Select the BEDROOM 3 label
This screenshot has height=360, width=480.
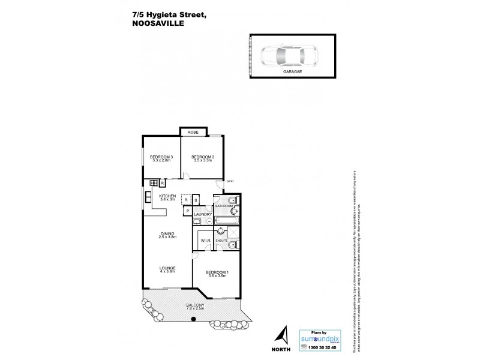click(161, 157)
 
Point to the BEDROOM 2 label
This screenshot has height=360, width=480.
click(195, 157)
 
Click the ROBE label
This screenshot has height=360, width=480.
click(193, 132)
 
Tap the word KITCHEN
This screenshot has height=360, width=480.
click(167, 196)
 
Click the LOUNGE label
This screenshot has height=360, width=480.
click(167, 268)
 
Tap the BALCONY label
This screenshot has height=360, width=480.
click(194, 305)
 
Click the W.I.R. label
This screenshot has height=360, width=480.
click(204, 241)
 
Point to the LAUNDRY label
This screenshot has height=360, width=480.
click(202, 214)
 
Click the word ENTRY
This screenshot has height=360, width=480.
click(230, 182)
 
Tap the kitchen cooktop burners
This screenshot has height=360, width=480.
click(154, 182)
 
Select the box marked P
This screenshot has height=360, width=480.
click(187, 211)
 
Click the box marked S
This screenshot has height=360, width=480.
click(196, 200)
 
